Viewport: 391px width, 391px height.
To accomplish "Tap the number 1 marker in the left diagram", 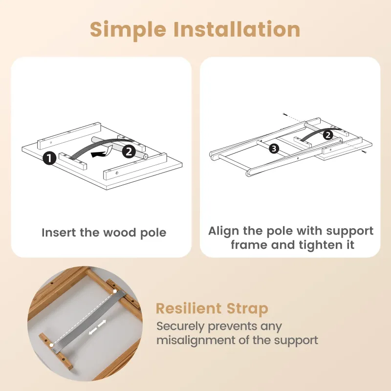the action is pos(49,158).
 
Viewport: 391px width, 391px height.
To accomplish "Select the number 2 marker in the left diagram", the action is pos(129,151).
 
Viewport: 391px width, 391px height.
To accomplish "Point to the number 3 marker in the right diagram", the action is pos(274,149).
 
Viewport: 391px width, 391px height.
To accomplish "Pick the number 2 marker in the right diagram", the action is pos(328,135).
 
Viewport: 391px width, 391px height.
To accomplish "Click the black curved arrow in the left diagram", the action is pos(101,152).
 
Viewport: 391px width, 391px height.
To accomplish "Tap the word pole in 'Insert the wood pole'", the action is pos(153,233).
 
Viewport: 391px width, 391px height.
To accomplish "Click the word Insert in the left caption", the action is pos(59,233).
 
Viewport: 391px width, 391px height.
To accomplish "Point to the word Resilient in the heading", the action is pos(189,308).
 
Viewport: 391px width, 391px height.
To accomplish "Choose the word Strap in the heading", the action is pos(247,309).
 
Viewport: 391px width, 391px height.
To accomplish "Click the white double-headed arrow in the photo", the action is pos(98,327).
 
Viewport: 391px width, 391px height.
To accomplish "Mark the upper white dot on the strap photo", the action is pos(115,291).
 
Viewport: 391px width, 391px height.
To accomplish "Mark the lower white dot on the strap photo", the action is pos(51,345).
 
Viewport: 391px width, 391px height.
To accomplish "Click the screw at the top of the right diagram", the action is pos(285,114).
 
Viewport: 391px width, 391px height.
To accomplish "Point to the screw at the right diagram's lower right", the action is pos(365,151).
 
